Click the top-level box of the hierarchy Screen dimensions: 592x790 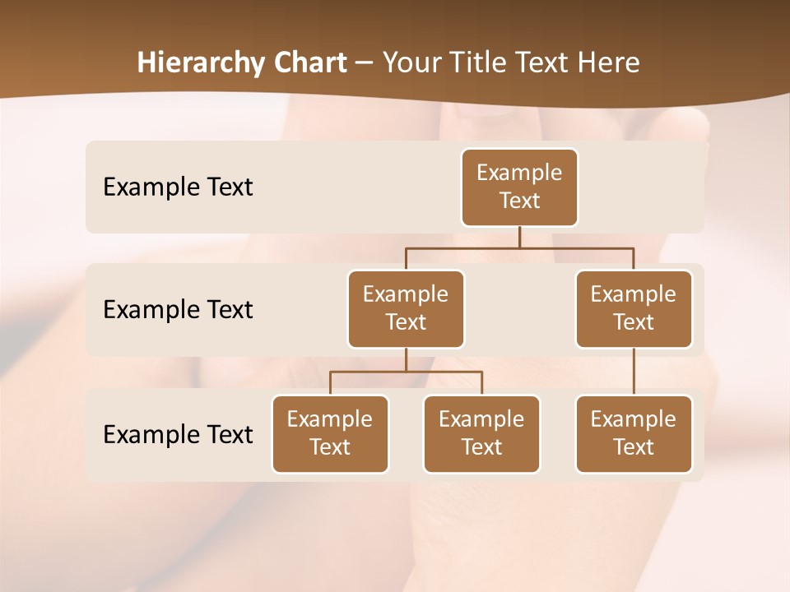point(519,187)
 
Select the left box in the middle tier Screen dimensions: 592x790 point(406,308)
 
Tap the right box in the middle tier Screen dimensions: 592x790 point(634,308)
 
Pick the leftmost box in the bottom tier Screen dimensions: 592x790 point(330,433)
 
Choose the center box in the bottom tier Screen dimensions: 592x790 point(481,433)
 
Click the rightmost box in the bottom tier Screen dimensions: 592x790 point(634,433)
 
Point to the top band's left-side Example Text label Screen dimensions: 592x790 point(178,187)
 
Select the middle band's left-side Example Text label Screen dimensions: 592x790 point(178,310)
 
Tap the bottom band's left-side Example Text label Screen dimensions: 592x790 point(178,434)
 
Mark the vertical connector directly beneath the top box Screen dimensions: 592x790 point(519,237)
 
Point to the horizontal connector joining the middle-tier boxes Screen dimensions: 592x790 point(519,247)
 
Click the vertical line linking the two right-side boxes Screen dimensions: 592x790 point(634,372)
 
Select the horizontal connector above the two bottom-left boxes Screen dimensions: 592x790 point(406,372)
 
